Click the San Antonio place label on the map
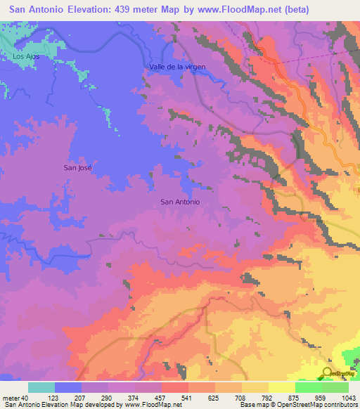(180, 202)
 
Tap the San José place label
(77, 167)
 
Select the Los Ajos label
(25, 56)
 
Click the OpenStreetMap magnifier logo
(328, 372)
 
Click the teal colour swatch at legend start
(41, 387)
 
